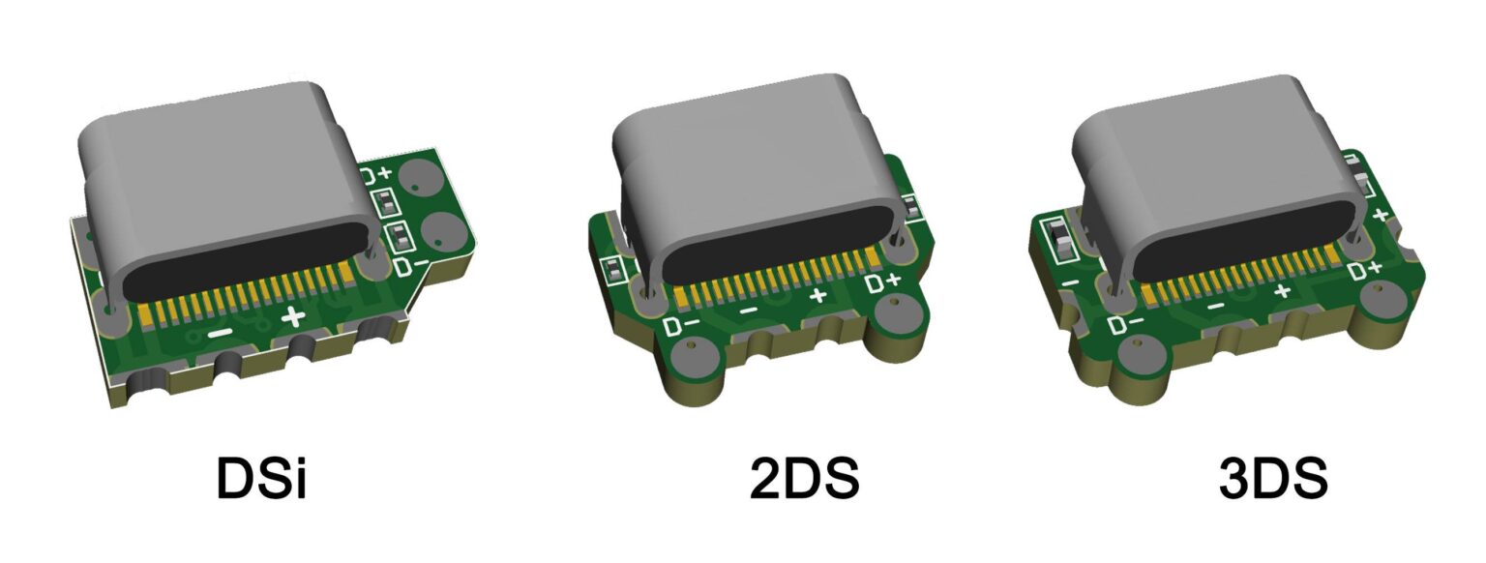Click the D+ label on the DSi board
click(x=377, y=176)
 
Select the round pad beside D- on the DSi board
click(x=445, y=233)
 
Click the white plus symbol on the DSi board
click(x=293, y=317)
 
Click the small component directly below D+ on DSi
click(x=384, y=202)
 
